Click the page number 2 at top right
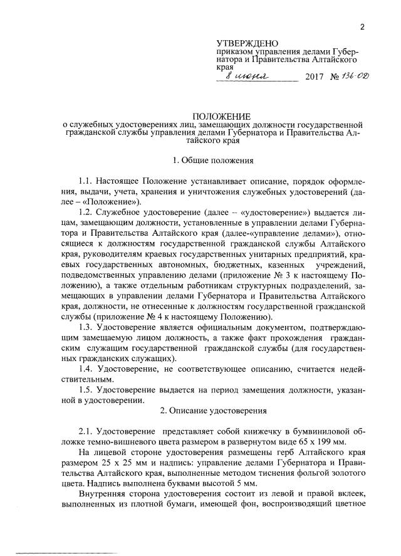362,26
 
